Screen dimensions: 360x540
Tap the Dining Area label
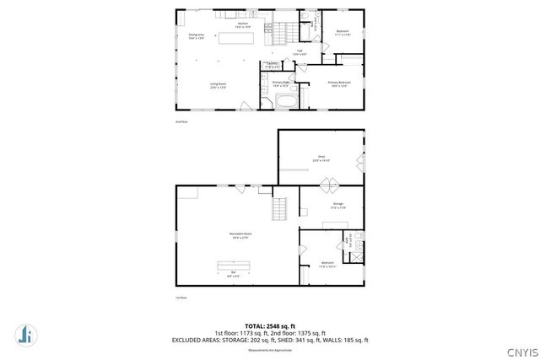[x=197, y=36]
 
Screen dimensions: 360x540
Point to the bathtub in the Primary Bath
[x=287, y=101]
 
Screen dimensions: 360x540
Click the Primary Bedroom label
[x=339, y=83]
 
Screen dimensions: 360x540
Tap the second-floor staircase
[x=287, y=32]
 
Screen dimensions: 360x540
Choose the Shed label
[x=321, y=158]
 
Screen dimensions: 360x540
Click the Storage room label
[x=337, y=205]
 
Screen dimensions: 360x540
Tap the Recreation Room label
[x=240, y=235]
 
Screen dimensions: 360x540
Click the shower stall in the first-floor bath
[x=359, y=248]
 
